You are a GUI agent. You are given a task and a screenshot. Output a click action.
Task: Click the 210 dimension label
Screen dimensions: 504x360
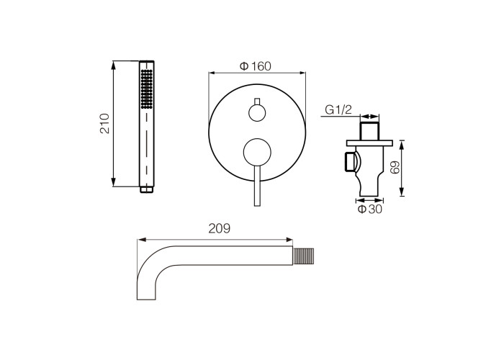pos(105,123)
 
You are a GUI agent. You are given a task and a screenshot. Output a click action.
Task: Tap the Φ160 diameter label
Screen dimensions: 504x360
pos(256,66)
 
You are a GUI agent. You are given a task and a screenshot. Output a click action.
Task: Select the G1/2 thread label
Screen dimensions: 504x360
pos(338,110)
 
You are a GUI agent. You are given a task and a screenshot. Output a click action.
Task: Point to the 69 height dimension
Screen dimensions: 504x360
pos(395,167)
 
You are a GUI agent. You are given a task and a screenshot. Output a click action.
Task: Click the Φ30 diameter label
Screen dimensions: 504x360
pos(370,210)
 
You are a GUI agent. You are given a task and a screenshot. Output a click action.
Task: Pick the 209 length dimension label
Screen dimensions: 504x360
pos(220,228)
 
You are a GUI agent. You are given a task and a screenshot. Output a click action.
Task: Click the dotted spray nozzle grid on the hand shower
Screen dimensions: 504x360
pos(147,89)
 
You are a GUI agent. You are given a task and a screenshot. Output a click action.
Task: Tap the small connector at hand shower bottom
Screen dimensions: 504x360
pos(147,189)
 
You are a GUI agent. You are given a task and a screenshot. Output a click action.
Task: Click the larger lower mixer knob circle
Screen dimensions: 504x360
pos(257,153)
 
